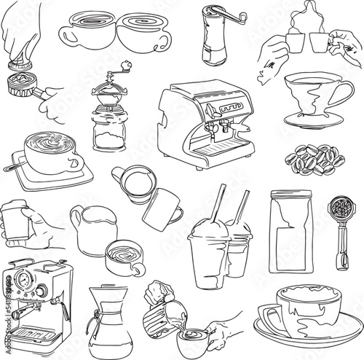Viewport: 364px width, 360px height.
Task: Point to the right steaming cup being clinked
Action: click(x=318, y=42)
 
